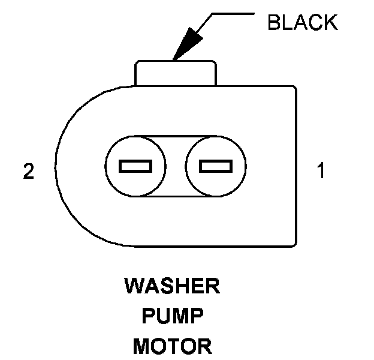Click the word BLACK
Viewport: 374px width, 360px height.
tap(302, 23)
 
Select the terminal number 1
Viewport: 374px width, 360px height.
tap(321, 172)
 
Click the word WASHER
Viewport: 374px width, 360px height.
tap(172, 287)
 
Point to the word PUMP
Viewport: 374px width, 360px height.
tap(172, 316)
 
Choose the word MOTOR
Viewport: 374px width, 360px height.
tap(172, 346)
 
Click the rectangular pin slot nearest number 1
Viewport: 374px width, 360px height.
tap(216, 166)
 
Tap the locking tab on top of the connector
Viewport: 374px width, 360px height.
tap(175, 73)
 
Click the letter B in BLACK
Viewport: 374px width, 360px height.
tap(274, 23)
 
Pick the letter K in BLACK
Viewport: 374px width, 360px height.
tap(330, 23)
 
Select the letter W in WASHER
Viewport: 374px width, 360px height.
tap(133, 287)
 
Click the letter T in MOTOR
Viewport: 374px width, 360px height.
tap(174, 346)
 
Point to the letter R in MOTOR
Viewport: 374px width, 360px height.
tap(205, 346)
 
